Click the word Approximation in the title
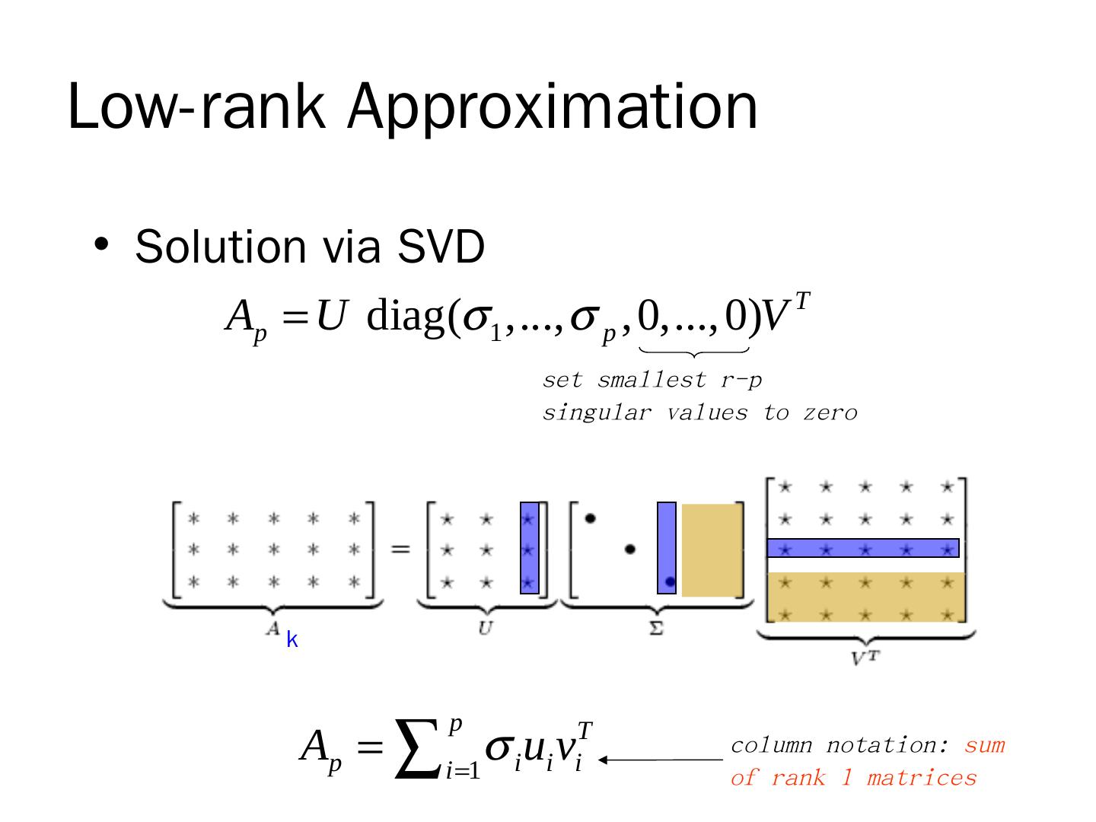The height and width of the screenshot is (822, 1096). (553, 107)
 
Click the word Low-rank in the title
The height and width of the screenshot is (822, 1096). (196, 107)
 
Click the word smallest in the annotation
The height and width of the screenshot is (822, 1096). (652, 380)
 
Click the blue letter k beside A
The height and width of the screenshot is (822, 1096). (292, 641)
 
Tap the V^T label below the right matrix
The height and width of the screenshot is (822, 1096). (865, 657)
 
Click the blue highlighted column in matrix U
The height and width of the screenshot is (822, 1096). (530, 548)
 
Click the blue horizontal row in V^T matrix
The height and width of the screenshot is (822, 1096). (862, 548)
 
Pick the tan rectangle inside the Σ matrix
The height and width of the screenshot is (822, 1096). (711, 550)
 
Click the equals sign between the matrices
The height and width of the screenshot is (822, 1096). (400, 548)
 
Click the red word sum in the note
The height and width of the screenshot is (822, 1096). (984, 745)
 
